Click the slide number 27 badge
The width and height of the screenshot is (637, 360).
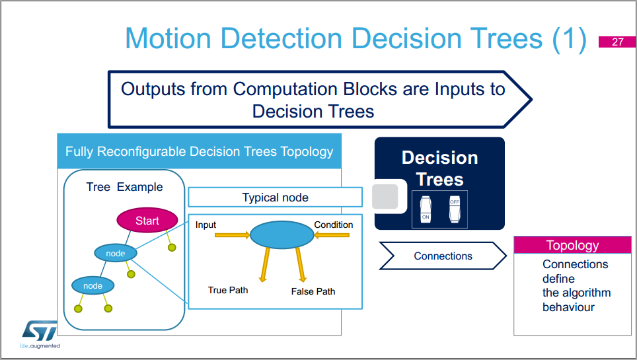(x=617, y=42)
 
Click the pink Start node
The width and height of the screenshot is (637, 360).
(x=147, y=221)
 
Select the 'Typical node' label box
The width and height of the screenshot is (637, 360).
(x=275, y=198)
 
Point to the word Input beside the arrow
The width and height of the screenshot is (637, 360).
(x=206, y=225)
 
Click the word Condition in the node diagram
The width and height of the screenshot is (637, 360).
(x=333, y=225)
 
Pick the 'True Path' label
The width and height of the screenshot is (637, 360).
(x=228, y=290)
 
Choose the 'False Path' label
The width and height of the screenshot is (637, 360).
(x=313, y=291)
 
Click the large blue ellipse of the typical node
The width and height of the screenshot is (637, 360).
(x=281, y=234)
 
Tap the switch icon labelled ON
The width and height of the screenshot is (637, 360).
(x=426, y=208)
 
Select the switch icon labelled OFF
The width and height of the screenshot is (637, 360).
(x=455, y=208)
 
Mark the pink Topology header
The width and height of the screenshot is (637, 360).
(x=572, y=245)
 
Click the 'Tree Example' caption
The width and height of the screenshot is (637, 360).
(x=124, y=187)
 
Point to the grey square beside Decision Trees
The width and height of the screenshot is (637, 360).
(x=385, y=197)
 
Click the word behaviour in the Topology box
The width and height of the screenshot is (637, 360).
(x=568, y=307)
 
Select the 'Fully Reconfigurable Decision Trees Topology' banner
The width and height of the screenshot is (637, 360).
(x=199, y=151)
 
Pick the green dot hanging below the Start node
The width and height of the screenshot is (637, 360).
(x=172, y=248)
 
